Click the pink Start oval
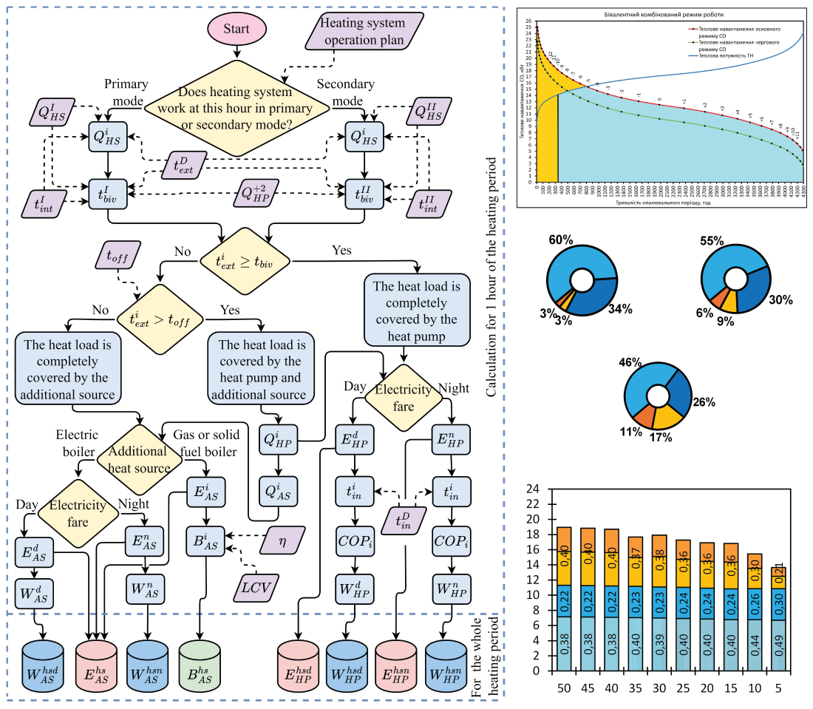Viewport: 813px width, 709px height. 237,29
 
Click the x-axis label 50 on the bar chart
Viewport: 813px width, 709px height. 564,688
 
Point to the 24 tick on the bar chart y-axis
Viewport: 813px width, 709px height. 532,489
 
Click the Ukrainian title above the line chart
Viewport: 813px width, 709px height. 669,13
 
